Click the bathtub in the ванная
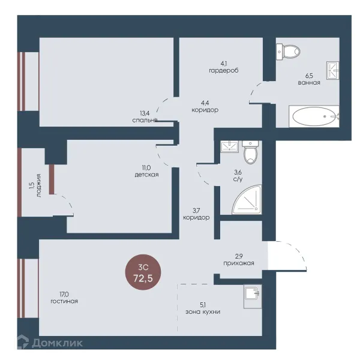pos(314,116)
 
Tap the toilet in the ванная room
pos(288,52)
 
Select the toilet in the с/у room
pos(250,152)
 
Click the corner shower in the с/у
pos(247,200)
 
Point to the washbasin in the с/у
pos(230,146)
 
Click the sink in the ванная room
pos(333,70)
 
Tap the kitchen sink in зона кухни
pos(253,296)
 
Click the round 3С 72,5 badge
pos(143,272)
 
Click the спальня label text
pos(145,120)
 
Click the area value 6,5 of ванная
pos(309,76)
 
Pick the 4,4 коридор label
pos(205,107)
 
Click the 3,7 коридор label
pos(196,214)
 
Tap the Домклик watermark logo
pos(50,343)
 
